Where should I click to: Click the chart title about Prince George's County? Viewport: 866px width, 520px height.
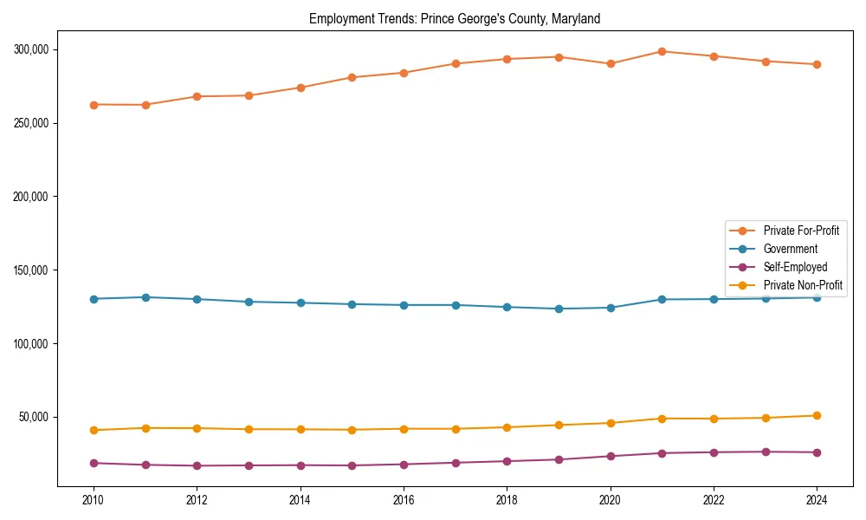pyautogui.click(x=455, y=18)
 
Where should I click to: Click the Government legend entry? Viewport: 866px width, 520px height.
pyautogui.click(x=790, y=249)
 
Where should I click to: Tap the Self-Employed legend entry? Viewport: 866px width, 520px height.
pyautogui.click(x=795, y=267)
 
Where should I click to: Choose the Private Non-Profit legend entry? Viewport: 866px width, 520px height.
pyautogui.click(x=803, y=285)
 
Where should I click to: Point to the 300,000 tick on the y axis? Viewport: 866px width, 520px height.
pyautogui.click(x=31, y=49)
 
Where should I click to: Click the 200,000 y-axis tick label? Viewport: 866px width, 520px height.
pyautogui.click(x=31, y=197)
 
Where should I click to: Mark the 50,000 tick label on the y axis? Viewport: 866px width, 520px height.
pyautogui.click(x=34, y=417)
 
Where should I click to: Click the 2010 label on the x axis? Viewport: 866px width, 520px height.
pyautogui.click(x=94, y=500)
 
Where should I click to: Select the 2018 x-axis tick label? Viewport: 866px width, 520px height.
pyautogui.click(x=507, y=500)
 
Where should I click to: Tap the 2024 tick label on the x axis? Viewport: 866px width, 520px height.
pyautogui.click(x=817, y=500)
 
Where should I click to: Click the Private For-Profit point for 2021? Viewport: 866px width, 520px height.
pyautogui.click(x=662, y=51)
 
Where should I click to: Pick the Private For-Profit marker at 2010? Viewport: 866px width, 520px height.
pyautogui.click(x=94, y=105)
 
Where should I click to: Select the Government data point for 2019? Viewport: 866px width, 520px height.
pyautogui.click(x=559, y=309)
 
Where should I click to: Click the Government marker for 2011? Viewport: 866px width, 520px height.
pyautogui.click(x=145, y=297)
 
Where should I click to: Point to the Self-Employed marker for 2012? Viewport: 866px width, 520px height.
pyautogui.click(x=197, y=465)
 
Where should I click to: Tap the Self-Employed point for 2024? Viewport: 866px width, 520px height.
pyautogui.click(x=817, y=452)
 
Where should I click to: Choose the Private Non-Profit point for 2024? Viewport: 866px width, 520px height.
pyautogui.click(x=817, y=415)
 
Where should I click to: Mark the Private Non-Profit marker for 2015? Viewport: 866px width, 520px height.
pyautogui.click(x=352, y=430)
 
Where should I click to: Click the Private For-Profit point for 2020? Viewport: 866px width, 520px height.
pyautogui.click(x=611, y=63)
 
